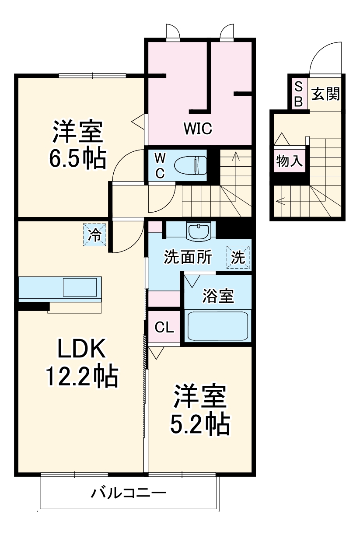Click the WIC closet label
click(198, 129)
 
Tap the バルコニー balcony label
click(129, 494)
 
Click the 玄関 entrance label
click(325, 94)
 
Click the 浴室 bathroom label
click(217, 296)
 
